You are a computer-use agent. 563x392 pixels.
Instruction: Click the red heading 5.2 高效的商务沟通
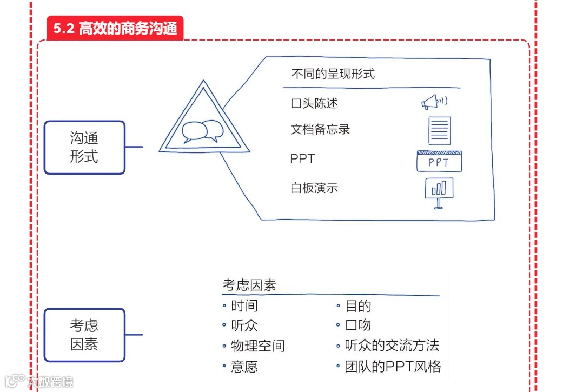pos(115,28)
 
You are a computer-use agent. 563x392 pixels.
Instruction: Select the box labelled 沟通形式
pos(84,147)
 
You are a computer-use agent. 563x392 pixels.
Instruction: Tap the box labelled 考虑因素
pos(84,335)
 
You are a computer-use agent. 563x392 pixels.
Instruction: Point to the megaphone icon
pos(434,102)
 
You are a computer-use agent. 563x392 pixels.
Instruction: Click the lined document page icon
pos(439,130)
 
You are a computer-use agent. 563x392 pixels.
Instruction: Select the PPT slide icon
pos(439,161)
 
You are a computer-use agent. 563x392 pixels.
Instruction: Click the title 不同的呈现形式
pos(333,74)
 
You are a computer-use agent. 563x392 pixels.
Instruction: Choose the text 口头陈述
pos(314,103)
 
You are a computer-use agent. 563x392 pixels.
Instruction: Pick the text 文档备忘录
pos(320,130)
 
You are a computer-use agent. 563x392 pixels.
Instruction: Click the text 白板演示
pos(314,189)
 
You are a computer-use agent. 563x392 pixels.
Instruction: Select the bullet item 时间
pos(244,306)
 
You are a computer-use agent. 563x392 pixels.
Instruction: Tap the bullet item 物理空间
pos(257,346)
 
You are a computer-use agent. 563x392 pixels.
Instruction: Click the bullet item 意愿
pos(244,367)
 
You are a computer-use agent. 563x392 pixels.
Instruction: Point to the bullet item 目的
pos(358,306)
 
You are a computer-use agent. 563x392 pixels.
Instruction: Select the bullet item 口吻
pos(358,325)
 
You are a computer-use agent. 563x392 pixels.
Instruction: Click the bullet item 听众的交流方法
pos(392,346)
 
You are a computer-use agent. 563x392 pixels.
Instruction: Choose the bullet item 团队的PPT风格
pos(393,367)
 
